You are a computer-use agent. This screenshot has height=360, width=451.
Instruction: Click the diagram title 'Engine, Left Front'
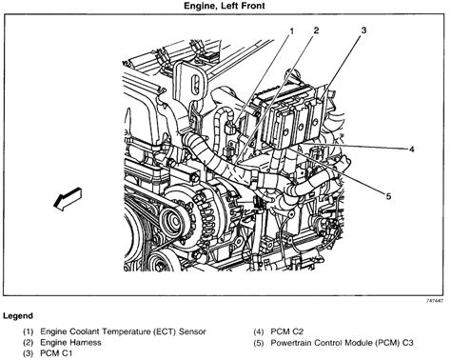tap(225, 6)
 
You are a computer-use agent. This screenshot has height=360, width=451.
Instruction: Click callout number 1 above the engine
tap(291, 30)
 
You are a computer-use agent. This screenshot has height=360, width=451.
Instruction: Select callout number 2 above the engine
tap(316, 30)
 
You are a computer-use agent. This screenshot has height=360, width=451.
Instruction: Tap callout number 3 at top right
tap(363, 30)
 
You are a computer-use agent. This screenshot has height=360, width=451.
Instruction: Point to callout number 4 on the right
tap(411, 149)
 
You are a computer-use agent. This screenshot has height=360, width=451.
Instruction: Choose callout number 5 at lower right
tap(388, 196)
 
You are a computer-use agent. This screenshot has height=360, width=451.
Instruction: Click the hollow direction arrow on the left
tap(68, 198)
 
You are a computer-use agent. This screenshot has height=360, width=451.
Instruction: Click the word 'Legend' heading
tap(18, 316)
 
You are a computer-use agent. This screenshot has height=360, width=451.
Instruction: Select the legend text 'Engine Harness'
tap(70, 343)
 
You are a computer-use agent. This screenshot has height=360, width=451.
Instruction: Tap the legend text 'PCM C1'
tap(56, 353)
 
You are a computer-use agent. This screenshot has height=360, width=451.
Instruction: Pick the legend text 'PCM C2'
tap(287, 331)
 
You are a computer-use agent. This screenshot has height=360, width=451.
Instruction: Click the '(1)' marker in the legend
tap(28, 332)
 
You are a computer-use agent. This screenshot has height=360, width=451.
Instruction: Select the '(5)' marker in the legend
tap(259, 343)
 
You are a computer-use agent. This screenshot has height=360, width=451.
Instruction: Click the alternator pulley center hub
tap(173, 221)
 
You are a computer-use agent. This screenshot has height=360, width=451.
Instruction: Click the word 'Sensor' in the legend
tap(192, 331)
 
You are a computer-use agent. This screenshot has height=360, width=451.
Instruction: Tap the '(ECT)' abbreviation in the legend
tap(165, 331)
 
